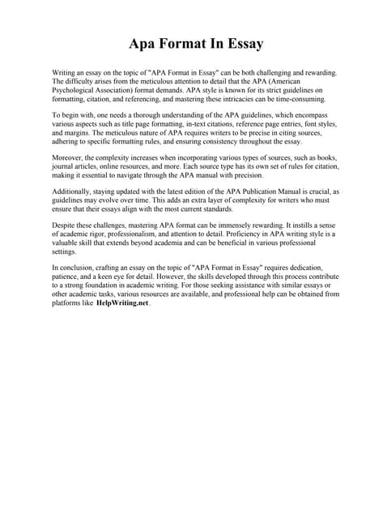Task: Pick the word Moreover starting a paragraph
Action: [x=70, y=152]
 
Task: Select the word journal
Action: [x=64, y=161]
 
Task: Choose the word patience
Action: [x=67, y=278]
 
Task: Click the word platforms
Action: [x=67, y=305]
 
